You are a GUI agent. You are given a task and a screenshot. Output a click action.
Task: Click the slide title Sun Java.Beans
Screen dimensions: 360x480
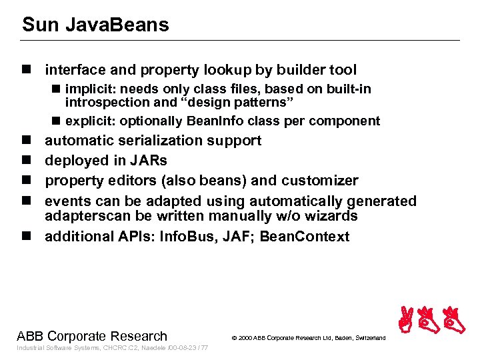pos(95,25)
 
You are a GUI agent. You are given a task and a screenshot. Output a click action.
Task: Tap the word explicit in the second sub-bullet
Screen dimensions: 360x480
pos(89,121)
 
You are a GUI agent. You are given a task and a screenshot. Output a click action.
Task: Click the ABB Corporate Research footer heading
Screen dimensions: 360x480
pos(92,336)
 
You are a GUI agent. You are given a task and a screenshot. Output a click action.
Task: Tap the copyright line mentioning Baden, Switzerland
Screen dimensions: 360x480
pos(308,338)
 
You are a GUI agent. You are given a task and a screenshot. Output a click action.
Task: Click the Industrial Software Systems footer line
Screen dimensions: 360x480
pos(112,348)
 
